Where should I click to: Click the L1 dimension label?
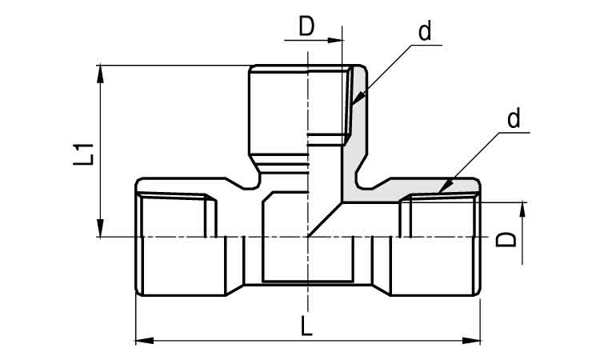pyautogui.click(x=83, y=154)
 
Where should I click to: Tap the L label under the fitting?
pyautogui.click(x=306, y=326)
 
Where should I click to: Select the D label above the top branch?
pyautogui.click(x=306, y=26)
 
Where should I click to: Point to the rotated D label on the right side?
pyautogui.click(x=506, y=239)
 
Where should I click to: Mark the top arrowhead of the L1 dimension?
pyautogui.click(x=100, y=74)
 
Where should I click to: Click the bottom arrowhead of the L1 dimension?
pyautogui.click(x=100, y=228)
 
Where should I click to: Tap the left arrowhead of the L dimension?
pyautogui.click(x=145, y=341)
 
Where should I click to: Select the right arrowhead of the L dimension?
pyautogui.click(x=471, y=341)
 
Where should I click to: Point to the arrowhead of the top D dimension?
pyautogui.click(x=334, y=40)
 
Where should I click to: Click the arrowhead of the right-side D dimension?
pyautogui.click(x=522, y=210)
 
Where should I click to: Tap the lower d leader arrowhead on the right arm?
pyautogui.click(x=446, y=186)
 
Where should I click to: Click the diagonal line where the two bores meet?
pyautogui.click(x=325, y=219)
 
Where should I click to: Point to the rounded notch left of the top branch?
pyautogui.click(x=253, y=183)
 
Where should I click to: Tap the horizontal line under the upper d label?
pyautogui.click(x=426, y=45)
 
